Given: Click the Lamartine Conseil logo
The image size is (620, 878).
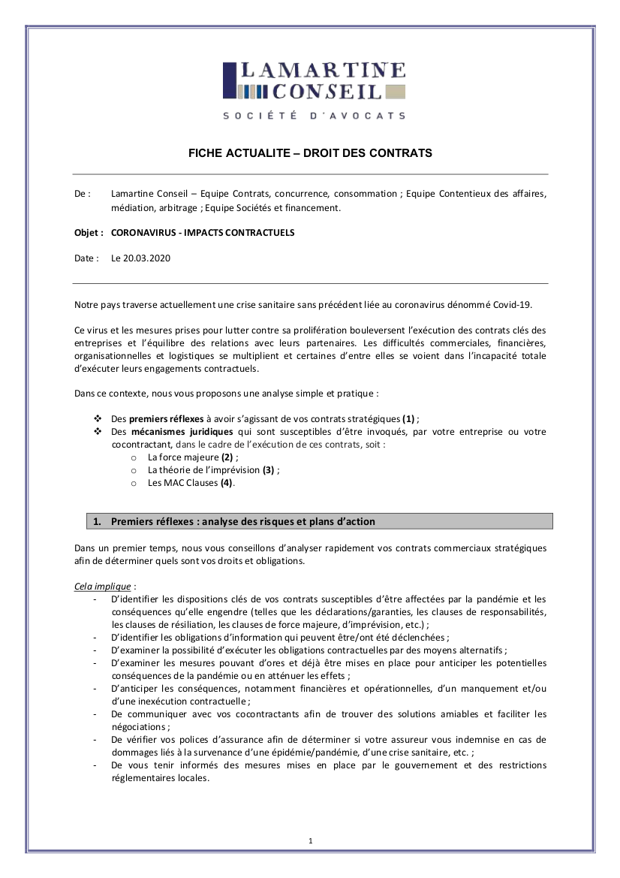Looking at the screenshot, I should pyautogui.click(x=314, y=81).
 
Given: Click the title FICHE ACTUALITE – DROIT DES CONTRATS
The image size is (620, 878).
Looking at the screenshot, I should pyautogui.click(x=310, y=153).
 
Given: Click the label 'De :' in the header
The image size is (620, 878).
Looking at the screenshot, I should pyautogui.click(x=83, y=194).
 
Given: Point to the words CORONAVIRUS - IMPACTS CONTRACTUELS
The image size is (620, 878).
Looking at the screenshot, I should pyautogui.click(x=203, y=233).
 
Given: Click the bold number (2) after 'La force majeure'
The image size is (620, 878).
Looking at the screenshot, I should pyautogui.click(x=228, y=457).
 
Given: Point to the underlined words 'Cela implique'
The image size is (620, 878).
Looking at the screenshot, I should pyautogui.click(x=103, y=586).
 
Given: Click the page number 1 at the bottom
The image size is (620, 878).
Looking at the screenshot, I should pyautogui.click(x=310, y=840).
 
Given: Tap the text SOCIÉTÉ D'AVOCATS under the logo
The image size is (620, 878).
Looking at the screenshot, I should pyautogui.click(x=314, y=116).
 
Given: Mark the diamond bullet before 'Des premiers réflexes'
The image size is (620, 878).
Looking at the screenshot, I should pyautogui.click(x=97, y=418).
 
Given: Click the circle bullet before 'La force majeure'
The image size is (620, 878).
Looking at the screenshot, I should pyautogui.click(x=134, y=457).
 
